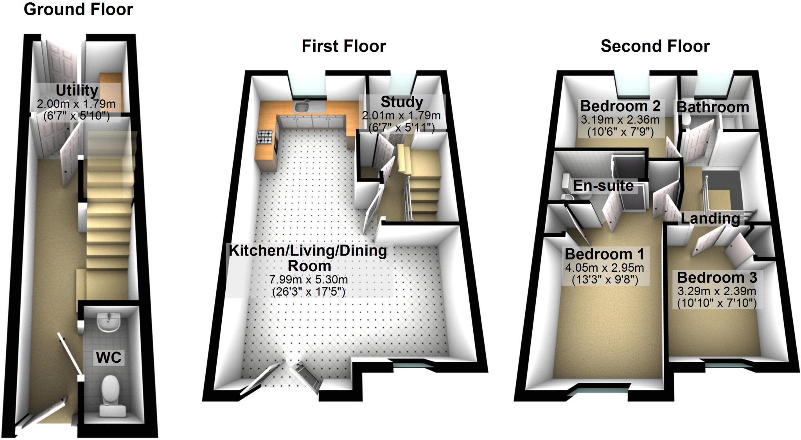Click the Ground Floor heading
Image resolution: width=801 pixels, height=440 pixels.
point(78,9)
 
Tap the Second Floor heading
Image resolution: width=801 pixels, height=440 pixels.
point(655,46)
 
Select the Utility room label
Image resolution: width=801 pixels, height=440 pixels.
point(77,90)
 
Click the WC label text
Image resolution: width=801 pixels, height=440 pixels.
point(109,357)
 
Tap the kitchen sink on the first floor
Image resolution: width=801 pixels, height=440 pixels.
point(302,106)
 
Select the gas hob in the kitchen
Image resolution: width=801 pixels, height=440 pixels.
point(264,137)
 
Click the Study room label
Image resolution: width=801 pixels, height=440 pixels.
point(402,102)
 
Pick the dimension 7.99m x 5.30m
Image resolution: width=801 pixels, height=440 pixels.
point(309,280)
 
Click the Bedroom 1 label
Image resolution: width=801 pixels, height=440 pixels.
point(604,254)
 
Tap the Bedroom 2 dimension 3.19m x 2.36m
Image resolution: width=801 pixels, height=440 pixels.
point(620,120)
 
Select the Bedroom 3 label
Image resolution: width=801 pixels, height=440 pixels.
point(717,278)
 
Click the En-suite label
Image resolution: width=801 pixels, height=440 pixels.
point(603,186)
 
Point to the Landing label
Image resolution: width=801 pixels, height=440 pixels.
point(710,218)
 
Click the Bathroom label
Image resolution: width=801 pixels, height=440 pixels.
point(713,107)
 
